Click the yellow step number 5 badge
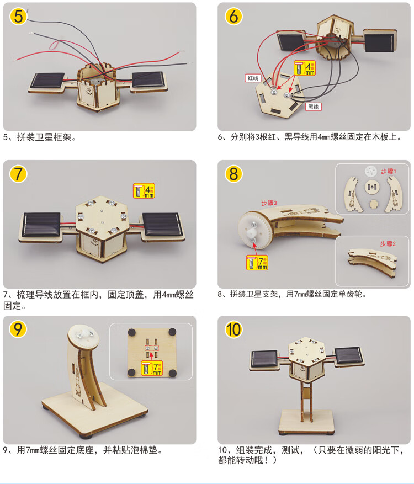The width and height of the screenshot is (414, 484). tap(18, 16)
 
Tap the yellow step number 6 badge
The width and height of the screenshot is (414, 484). tap(233, 16)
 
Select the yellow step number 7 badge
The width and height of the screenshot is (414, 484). tap(18, 174)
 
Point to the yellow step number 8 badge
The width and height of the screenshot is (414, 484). tap(233, 174)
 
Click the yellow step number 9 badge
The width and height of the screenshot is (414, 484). tap(18, 329)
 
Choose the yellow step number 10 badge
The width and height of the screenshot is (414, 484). tap(233, 329)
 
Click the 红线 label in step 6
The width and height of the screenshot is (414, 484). tap(253, 78)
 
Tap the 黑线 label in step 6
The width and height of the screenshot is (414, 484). tap(314, 107)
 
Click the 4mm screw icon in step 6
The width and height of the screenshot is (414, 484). tap(304, 68)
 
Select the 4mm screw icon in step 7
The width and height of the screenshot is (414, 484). tap(144, 191)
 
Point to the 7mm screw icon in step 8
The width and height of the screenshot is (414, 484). tap(257, 263)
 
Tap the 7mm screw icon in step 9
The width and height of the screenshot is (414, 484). tap(152, 368)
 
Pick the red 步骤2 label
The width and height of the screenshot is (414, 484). tap(388, 244)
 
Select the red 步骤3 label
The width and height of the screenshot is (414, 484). tap(269, 203)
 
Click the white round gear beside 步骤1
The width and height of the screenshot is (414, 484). tap(371, 171)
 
